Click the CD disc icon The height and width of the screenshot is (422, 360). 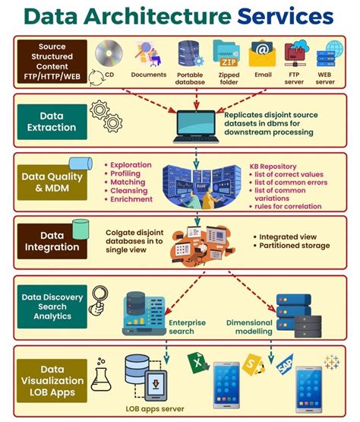[x=109, y=53]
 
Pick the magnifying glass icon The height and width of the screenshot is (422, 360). [x=97, y=300]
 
